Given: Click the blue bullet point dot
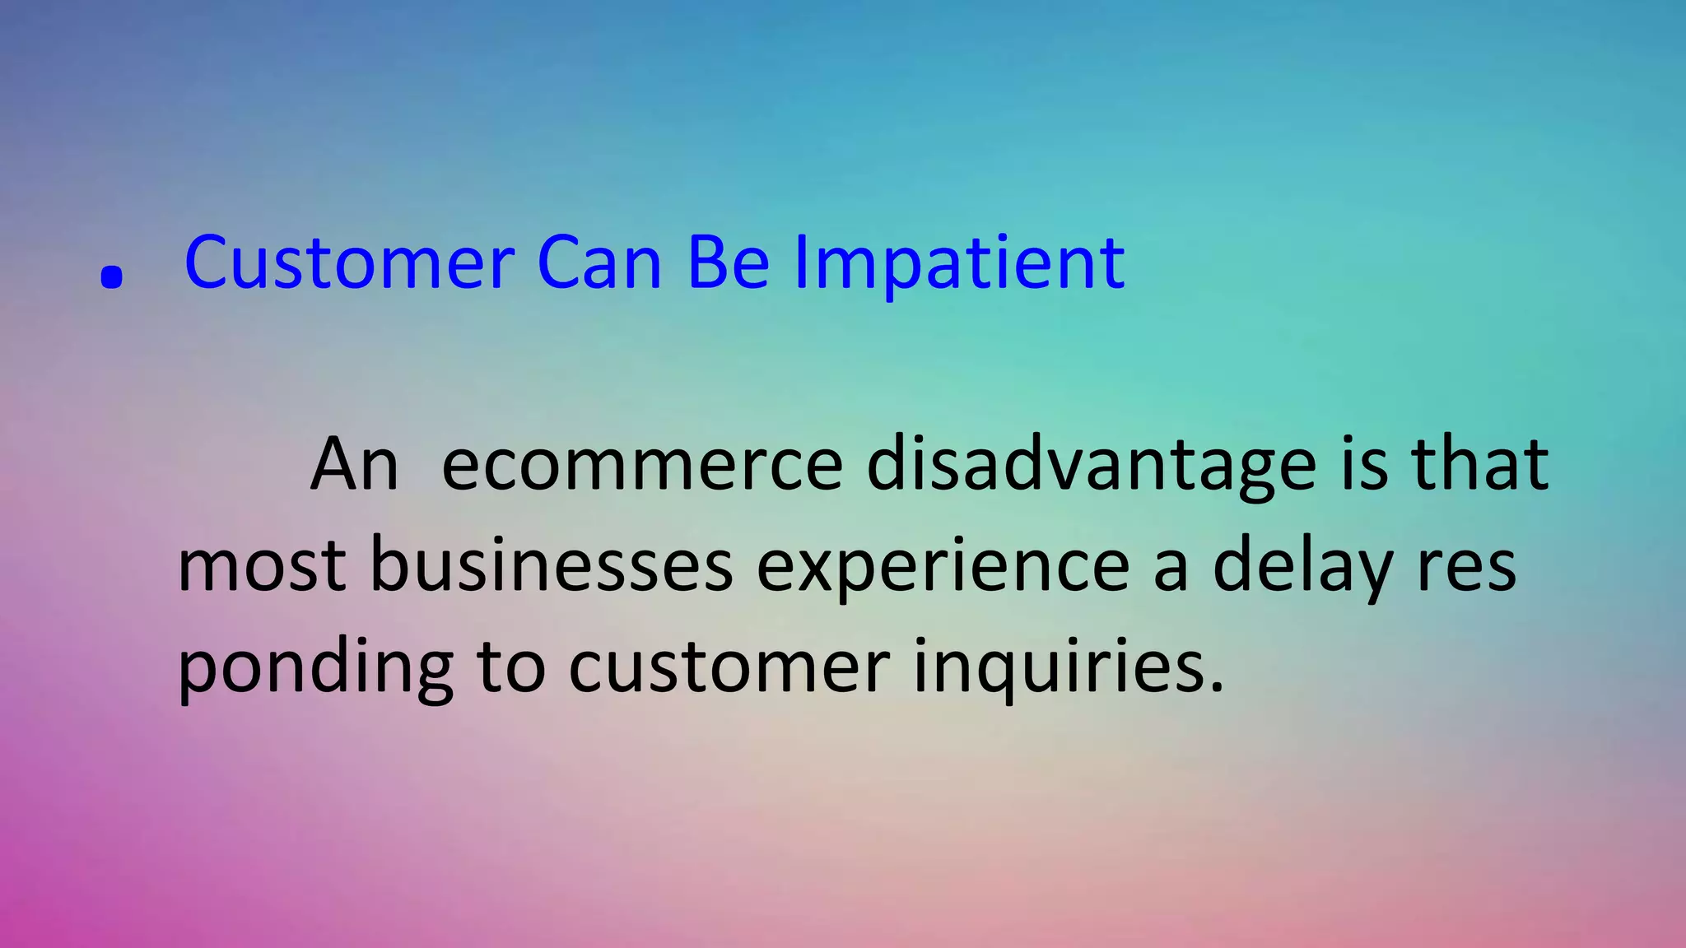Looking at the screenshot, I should [111, 277].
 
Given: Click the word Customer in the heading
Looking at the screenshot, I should [349, 263].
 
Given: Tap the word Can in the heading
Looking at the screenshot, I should [599, 263].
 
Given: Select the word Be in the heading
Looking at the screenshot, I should [728, 263].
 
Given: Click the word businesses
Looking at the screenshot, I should [551, 566].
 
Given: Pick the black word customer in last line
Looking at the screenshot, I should [729, 667].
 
